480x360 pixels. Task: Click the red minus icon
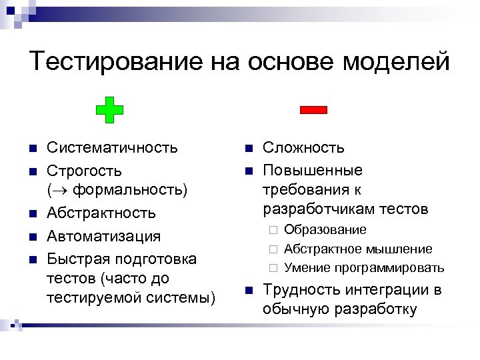[313, 110]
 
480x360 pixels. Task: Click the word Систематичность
[112, 147]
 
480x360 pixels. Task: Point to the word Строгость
[84, 171]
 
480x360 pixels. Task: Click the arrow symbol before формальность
[61, 191]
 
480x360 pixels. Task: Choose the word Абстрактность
[101, 213]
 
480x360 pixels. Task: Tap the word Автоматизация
[103, 235]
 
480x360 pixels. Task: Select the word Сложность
[303, 147]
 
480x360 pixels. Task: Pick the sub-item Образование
[325, 230]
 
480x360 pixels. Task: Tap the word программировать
[393, 268]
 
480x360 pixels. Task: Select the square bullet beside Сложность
[248, 148]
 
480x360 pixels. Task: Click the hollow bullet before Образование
[272, 231]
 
